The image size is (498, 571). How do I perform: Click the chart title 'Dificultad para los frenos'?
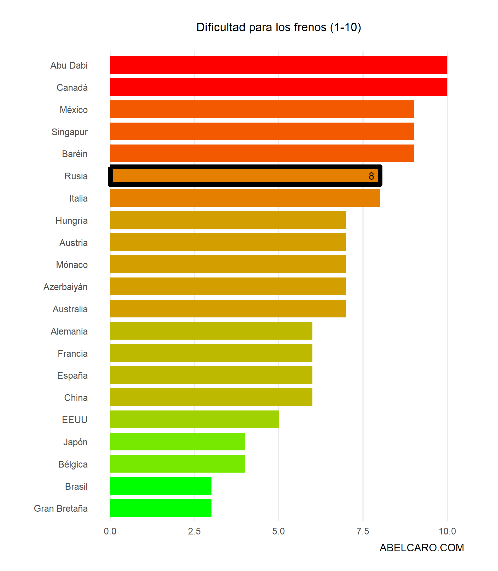[278, 28]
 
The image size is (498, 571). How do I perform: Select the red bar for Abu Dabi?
[278, 65]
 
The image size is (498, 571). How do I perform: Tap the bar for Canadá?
[278, 87]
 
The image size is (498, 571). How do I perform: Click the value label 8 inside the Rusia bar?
[371, 176]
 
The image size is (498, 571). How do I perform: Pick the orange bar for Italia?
[245, 198]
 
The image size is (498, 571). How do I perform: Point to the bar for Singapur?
[262, 132]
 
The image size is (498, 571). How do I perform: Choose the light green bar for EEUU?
[194, 419]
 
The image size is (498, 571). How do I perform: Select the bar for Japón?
[177, 442]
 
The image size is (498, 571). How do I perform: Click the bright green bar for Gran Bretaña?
[161, 508]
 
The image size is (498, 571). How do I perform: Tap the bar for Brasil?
[161, 486]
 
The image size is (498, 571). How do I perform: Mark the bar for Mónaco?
[228, 264]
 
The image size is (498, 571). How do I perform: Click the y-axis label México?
[74, 110]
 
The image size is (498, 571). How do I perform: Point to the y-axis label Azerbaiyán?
[66, 287]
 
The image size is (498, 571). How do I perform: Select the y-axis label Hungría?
[71, 221]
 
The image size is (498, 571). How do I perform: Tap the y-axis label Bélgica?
[73, 464]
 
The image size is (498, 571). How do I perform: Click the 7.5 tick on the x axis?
[363, 531]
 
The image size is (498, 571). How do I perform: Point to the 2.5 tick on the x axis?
[194, 531]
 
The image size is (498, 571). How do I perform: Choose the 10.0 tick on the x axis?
[447, 531]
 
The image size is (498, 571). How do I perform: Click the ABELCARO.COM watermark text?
[422, 548]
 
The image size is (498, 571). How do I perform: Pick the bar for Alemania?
[211, 331]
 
